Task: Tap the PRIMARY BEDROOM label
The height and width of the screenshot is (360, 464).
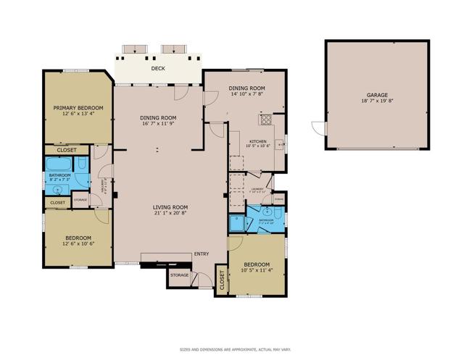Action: click(78, 108)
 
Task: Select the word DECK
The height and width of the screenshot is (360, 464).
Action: click(158, 69)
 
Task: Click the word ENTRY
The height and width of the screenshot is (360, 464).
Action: click(201, 254)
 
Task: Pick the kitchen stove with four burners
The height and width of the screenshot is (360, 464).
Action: click(266, 120)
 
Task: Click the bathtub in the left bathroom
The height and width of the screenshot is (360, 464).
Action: click(59, 164)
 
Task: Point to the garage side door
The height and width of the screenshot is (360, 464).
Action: click(317, 127)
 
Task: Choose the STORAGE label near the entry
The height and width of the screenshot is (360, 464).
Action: click(180, 275)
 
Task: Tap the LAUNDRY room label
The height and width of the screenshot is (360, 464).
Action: click(257, 190)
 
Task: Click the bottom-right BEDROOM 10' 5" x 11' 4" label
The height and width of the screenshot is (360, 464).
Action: click(256, 267)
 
